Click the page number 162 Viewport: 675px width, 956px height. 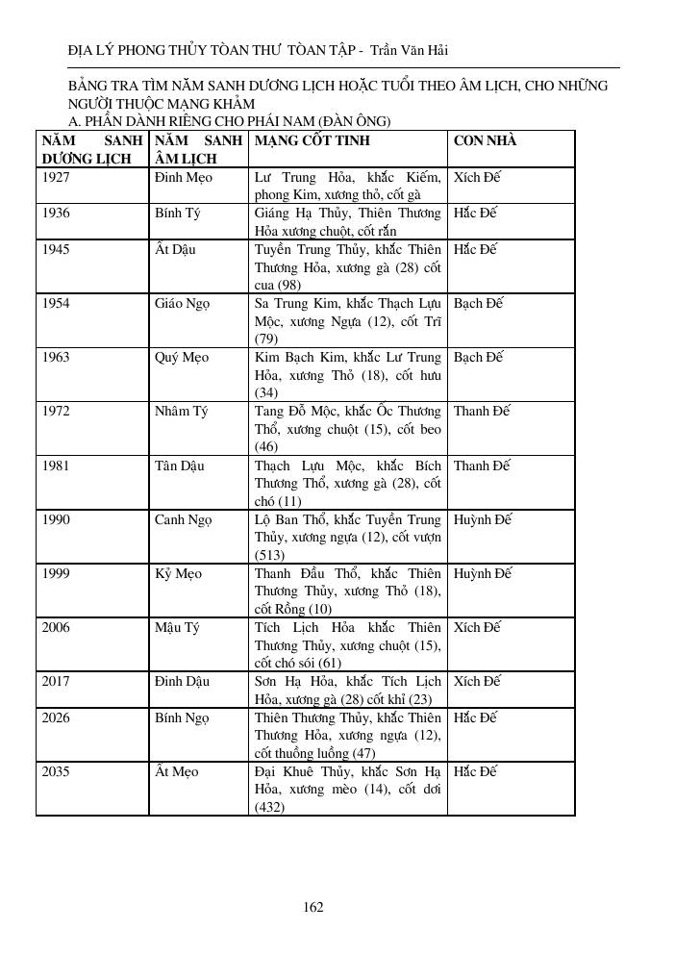click(312, 906)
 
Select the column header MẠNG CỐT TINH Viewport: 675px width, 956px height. click(312, 141)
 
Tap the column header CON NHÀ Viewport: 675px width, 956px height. click(485, 141)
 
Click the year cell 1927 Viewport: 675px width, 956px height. click(57, 178)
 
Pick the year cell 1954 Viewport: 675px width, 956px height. click(57, 303)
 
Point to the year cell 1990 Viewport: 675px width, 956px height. click(57, 520)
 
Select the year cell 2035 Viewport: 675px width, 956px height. click(57, 772)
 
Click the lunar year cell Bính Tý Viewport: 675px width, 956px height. click(177, 213)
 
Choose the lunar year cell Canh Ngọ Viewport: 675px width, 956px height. click(183, 520)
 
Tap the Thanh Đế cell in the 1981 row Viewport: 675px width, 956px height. click(482, 466)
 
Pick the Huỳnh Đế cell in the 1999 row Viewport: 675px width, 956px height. click(483, 574)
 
